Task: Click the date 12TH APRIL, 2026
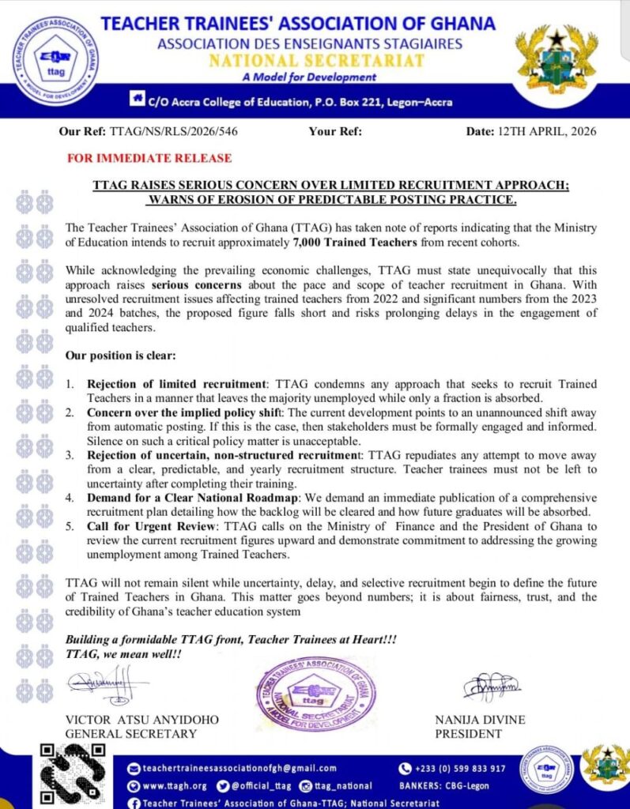tap(551, 131)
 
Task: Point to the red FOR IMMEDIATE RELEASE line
tap(149, 159)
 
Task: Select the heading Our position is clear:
tap(117, 356)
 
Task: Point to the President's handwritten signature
tap(492, 687)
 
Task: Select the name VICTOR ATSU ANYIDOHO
tap(141, 720)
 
